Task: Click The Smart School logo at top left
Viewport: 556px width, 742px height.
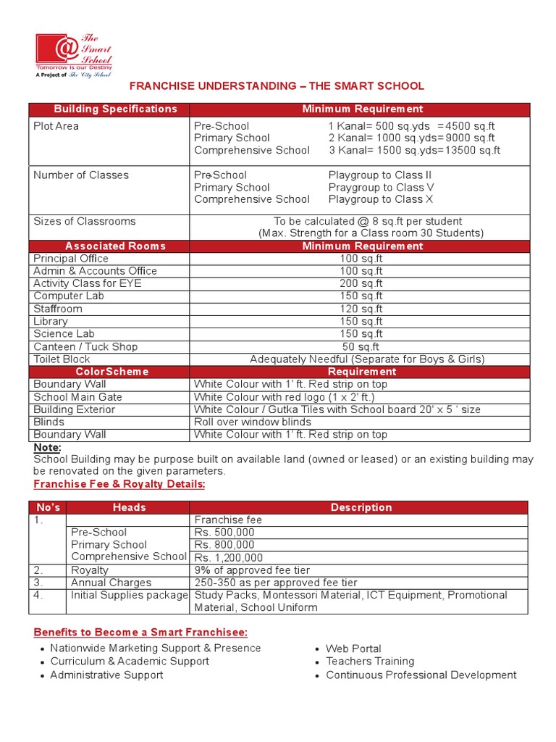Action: tap(73, 54)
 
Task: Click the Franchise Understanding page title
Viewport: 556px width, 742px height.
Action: tap(277, 86)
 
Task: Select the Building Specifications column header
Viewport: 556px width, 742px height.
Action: tap(115, 109)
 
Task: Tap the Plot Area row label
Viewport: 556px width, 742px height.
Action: tap(56, 126)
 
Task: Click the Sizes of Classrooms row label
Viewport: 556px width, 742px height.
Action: tap(85, 221)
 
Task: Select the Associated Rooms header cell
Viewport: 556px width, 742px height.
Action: tap(115, 246)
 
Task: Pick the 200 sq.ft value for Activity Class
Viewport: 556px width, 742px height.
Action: tap(361, 283)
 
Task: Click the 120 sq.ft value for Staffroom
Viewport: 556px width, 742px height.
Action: tap(361, 309)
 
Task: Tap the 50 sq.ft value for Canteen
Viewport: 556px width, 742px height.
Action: tap(361, 346)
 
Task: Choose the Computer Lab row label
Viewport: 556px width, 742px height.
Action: tap(69, 296)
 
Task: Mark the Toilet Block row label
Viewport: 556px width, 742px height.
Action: tap(62, 359)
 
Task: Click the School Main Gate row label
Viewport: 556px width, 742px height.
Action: tap(78, 397)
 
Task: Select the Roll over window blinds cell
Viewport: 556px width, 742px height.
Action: tap(252, 422)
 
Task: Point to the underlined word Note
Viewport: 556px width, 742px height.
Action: tap(48, 447)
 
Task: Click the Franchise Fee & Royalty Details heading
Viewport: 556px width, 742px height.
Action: tap(119, 484)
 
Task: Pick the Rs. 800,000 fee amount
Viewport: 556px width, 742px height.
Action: tap(224, 545)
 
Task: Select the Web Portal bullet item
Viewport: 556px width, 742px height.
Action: tap(353, 649)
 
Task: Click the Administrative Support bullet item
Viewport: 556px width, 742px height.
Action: tap(106, 675)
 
